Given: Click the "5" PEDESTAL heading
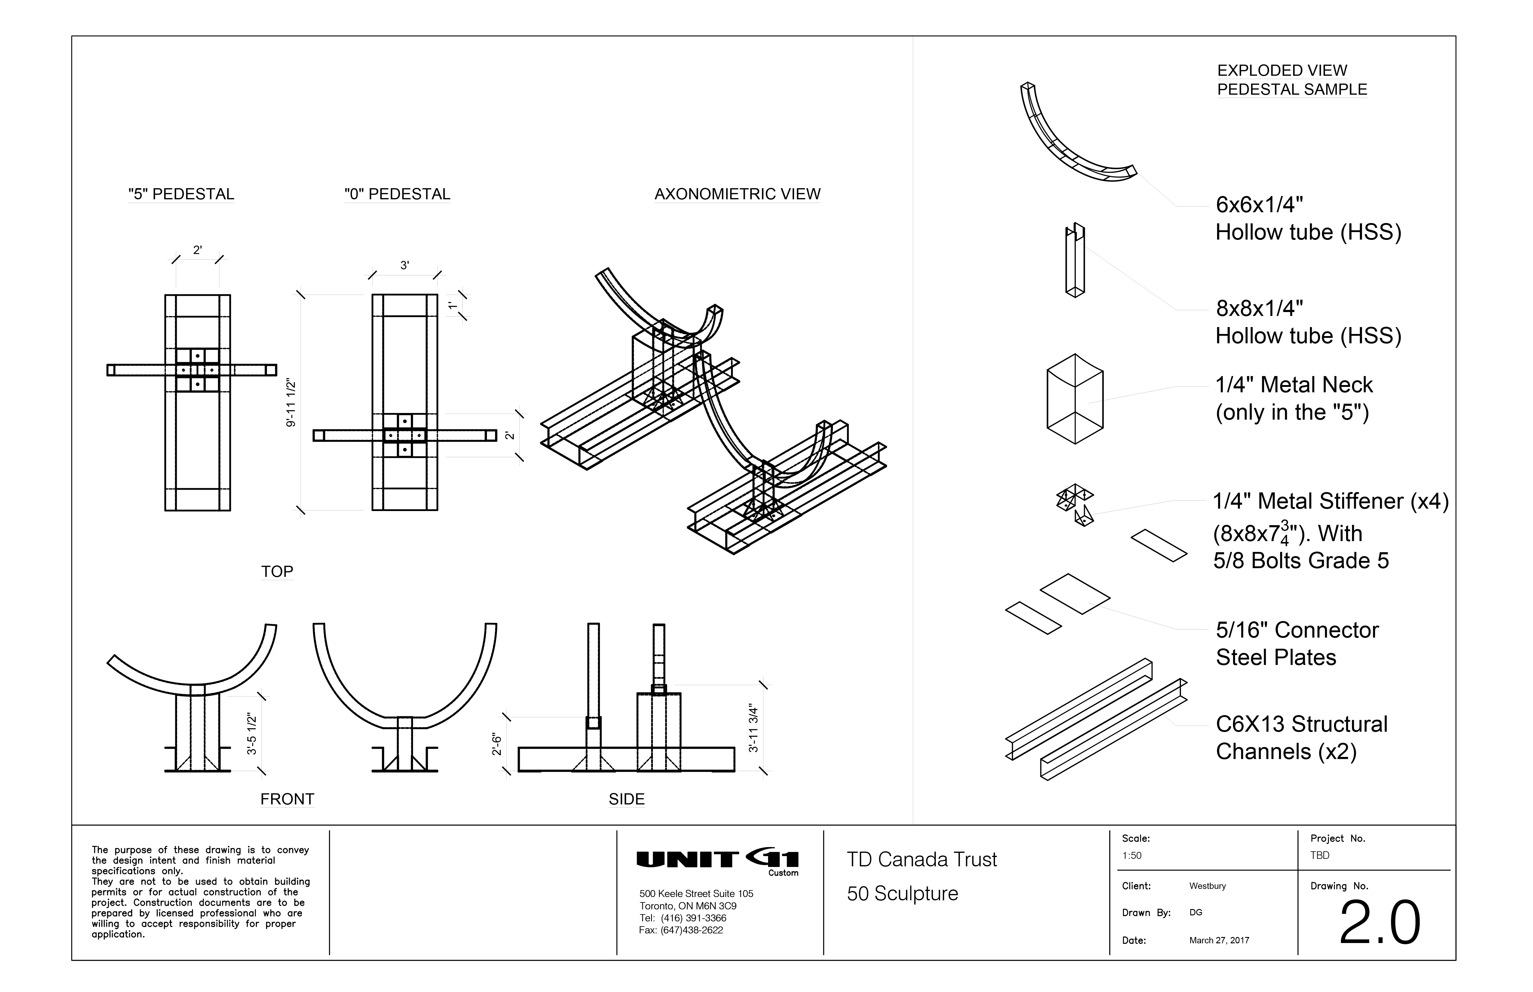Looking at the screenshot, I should coord(181,194).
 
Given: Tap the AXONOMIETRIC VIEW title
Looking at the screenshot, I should coord(738,194).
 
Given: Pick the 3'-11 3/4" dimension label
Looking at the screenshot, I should coord(753,728).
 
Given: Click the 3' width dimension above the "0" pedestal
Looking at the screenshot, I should coord(405,265).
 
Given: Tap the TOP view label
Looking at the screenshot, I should coord(277,571).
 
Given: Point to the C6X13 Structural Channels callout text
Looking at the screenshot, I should coord(1301,738).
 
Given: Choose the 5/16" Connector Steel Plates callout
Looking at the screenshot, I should coord(1297,644).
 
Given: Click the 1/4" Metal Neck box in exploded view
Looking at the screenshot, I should coord(1074,399).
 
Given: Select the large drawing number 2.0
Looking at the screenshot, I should coord(1379,923).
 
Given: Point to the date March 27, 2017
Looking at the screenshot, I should coord(1219,941).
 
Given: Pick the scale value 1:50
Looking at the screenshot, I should coord(1132,856).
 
